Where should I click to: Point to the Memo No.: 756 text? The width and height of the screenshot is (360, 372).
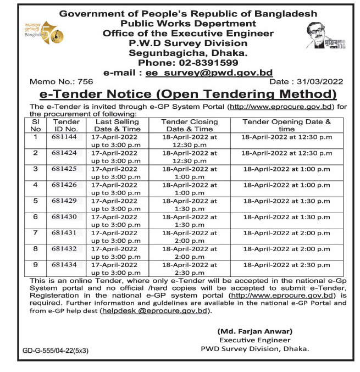click(53, 81)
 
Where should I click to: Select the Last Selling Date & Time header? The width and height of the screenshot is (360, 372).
click(118, 125)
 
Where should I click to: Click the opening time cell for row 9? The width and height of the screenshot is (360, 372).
click(286, 265)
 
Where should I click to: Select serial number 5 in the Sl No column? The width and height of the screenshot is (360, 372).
click(36, 201)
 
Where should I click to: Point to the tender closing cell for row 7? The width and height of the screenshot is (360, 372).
click(189, 237)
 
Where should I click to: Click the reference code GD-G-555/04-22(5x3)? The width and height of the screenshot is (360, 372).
click(55, 349)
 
